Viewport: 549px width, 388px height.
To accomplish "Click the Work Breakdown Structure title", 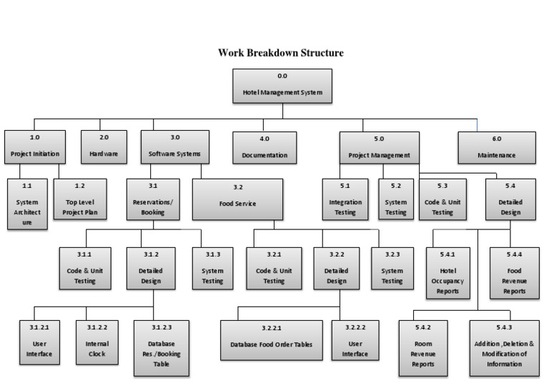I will (281, 53).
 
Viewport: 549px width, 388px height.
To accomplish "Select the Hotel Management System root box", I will (282, 86).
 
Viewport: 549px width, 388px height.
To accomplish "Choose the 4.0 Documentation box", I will (264, 147).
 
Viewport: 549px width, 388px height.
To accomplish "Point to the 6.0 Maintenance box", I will (497, 147).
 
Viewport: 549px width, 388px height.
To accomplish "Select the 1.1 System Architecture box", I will (27, 203).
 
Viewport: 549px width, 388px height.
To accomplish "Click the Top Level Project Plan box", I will (80, 198).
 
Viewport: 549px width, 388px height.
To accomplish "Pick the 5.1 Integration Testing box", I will (345, 198).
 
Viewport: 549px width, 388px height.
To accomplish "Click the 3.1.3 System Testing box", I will (212, 267).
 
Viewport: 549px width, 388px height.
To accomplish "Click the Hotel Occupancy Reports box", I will (447, 272).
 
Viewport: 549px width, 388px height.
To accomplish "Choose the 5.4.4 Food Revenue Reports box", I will (514, 272).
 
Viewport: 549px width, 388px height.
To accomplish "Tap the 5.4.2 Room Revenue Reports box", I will (424, 348).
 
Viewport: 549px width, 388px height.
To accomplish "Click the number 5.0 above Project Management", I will (379, 139).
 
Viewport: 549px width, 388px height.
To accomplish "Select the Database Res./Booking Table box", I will (162, 348).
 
